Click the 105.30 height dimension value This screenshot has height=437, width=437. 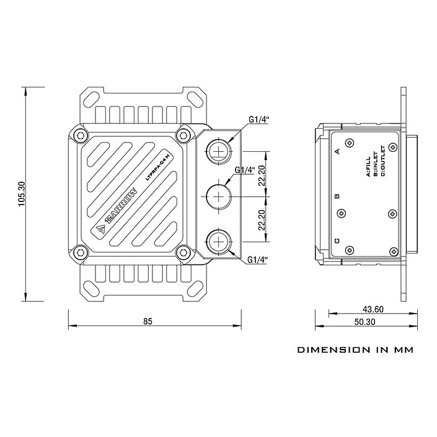(22, 193)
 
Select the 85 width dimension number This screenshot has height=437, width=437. (148, 321)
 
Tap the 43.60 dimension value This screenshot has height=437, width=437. (373, 309)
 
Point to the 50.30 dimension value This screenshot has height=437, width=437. (365, 322)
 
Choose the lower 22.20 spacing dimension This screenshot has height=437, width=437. (262, 220)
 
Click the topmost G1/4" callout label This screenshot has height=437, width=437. (259, 120)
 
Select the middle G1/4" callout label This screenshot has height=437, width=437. (245, 170)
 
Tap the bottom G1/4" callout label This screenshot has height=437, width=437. (257, 260)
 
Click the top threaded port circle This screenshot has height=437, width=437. (219, 151)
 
